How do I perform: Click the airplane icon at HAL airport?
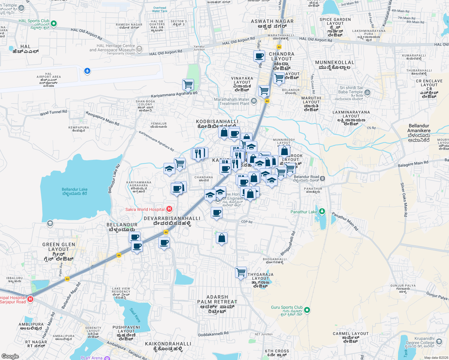coord(87,71)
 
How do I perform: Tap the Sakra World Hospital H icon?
coord(169,209)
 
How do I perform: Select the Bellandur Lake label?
coord(74,191)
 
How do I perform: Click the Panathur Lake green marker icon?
coord(322,211)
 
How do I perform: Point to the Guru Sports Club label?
coord(287,307)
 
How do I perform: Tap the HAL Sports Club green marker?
coord(54,23)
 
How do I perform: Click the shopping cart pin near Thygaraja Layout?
coord(241,272)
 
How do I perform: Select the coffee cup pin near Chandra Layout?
coord(259,56)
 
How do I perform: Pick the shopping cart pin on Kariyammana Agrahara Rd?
coord(188,85)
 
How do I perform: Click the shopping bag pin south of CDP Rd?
coord(221,238)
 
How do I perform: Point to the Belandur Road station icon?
coord(322,178)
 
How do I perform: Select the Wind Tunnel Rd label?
coord(53,113)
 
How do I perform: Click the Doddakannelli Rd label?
coord(213,334)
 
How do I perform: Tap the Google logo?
coord(10,356)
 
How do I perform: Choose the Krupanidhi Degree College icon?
coord(439,341)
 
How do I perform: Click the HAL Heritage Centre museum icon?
coord(139,49)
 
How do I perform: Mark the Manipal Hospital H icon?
coord(30,299)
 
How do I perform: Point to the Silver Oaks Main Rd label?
coord(404,199)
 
